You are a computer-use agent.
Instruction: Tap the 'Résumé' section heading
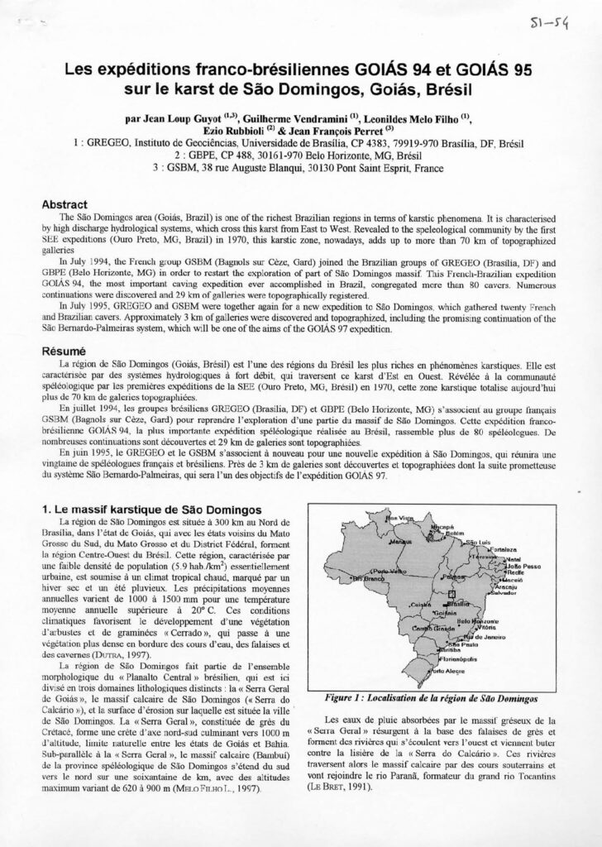63,351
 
